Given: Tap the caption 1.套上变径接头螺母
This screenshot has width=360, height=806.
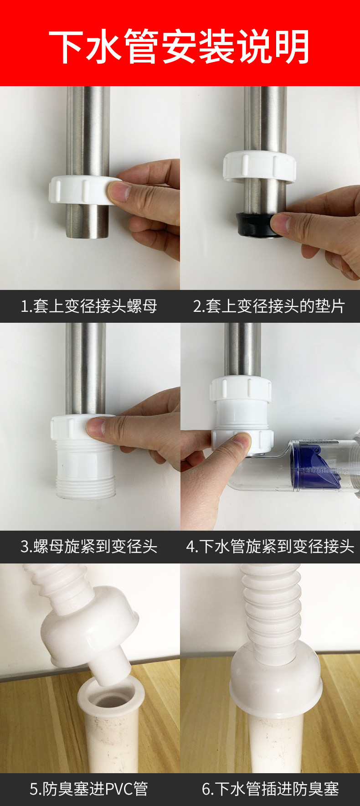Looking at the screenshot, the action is (89, 306).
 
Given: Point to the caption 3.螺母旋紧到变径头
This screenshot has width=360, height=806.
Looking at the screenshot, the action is (89, 546).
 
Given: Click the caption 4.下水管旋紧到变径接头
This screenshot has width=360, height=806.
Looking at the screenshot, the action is (270, 546).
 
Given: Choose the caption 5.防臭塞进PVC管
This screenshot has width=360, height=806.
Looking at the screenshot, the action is (89, 789).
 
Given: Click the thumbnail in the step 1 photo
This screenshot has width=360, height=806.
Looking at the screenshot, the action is (117, 191).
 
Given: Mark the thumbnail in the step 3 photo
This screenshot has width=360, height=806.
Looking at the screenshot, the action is (96, 427).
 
